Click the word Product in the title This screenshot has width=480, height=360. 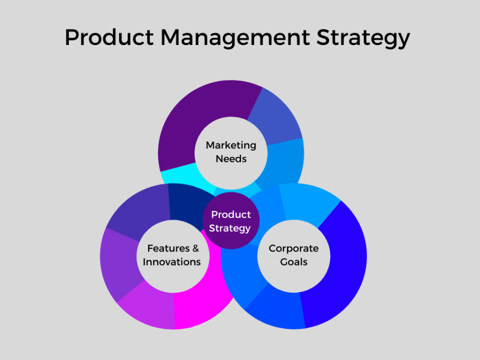click(x=108, y=38)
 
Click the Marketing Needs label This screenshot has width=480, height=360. click(x=231, y=151)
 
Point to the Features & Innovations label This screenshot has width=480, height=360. click(x=172, y=255)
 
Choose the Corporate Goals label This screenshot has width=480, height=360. click(x=293, y=255)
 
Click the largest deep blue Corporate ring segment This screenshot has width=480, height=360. click(x=340, y=265)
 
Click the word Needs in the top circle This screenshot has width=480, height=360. click(x=231, y=158)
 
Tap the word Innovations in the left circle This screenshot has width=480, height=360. click(x=172, y=262)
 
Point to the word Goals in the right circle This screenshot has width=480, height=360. click(x=293, y=262)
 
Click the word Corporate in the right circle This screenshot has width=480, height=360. click(x=293, y=248)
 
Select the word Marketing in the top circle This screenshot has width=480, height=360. click(x=231, y=145)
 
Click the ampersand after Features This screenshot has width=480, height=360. click(x=195, y=248)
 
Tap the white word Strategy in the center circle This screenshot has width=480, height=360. click(x=230, y=228)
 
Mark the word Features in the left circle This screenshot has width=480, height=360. click(x=168, y=248)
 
